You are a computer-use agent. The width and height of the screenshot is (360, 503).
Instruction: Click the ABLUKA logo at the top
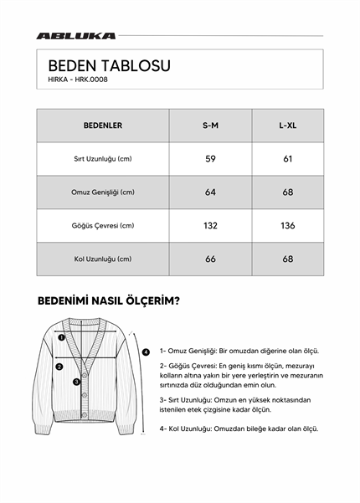[76, 36]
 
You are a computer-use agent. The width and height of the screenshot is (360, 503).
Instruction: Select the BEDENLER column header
[103, 126]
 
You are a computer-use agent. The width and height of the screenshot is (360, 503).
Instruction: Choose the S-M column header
[211, 126]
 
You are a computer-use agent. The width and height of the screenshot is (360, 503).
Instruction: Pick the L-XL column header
[287, 126]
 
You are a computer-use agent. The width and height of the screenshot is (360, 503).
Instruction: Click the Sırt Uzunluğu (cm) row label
[103, 159]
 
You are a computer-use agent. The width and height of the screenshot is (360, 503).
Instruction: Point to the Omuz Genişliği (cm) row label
[103, 192]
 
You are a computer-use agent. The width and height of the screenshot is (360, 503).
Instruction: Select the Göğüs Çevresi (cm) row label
[103, 226]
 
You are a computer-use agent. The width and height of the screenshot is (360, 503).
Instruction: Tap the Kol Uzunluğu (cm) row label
[103, 259]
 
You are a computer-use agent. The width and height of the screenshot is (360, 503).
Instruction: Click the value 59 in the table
[211, 159]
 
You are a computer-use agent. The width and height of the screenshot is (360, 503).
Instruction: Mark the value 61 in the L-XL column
[287, 159]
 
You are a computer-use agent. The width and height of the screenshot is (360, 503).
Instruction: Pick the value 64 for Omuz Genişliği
[211, 192]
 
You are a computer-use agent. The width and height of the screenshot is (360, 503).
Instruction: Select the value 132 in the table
[211, 226]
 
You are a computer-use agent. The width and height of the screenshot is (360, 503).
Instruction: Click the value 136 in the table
[287, 226]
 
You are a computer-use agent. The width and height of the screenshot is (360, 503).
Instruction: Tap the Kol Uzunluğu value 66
[211, 259]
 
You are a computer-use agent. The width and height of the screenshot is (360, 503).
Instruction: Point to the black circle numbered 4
[146, 352]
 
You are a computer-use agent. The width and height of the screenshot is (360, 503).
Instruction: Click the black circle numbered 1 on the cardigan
[60, 338]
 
